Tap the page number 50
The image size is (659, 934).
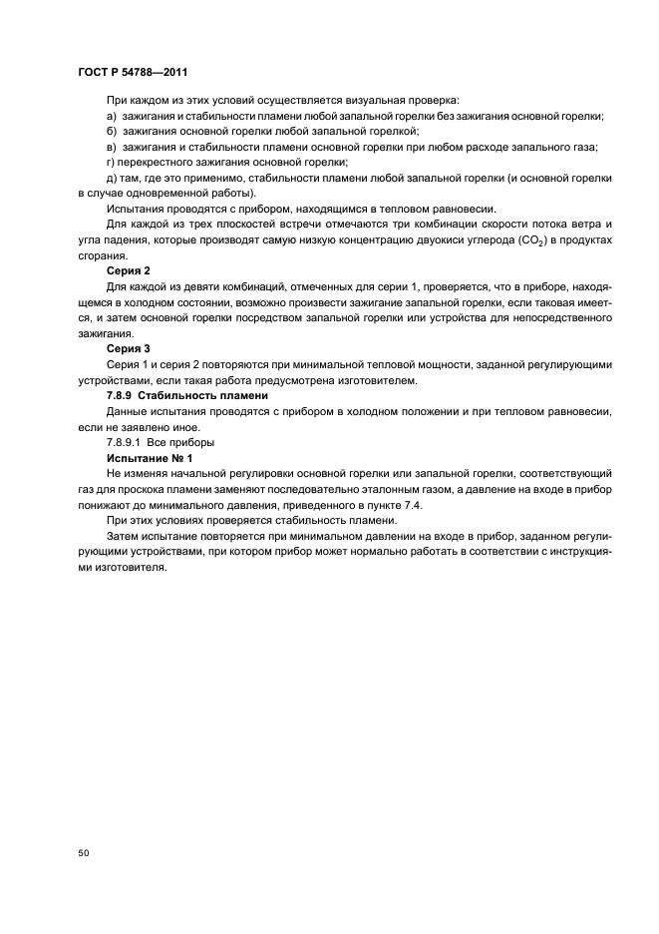83,853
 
